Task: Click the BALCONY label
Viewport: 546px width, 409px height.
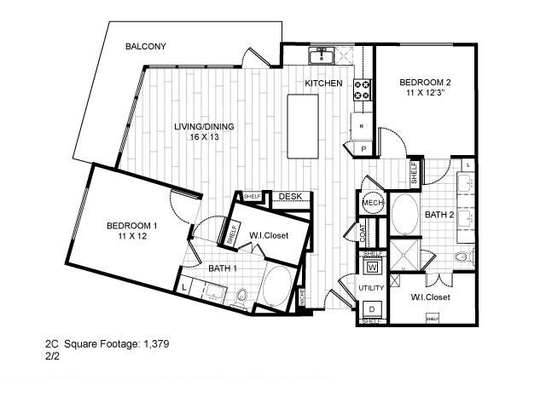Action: (145, 46)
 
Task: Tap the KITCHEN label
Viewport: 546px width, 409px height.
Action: (324, 84)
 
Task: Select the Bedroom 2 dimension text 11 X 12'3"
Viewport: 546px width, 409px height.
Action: (425, 94)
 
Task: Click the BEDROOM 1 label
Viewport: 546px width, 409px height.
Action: (131, 226)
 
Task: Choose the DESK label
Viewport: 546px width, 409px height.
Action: (291, 197)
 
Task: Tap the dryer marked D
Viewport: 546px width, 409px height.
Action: (372, 308)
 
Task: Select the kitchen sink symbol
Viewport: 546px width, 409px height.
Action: (322, 56)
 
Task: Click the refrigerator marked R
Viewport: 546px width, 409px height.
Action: (361, 127)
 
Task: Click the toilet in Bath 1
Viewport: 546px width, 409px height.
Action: (241, 297)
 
